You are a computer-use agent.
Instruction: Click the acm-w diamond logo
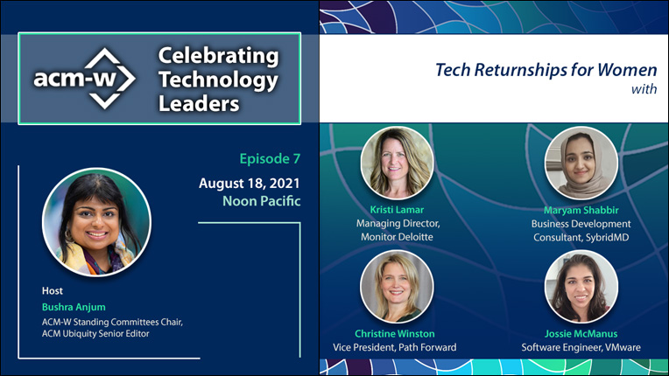85,79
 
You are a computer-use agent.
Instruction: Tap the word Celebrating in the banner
218,56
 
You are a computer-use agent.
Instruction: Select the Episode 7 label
270,159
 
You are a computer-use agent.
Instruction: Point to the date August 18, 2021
250,184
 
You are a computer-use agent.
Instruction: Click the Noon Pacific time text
262,201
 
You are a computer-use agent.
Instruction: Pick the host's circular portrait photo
96,222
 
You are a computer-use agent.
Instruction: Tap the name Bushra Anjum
74,307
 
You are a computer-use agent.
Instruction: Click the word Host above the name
52,291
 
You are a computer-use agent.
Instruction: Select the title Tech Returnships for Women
546,70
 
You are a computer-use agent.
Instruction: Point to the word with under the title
644,89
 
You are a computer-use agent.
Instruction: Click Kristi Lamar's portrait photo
397,163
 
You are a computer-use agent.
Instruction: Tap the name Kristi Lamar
397,210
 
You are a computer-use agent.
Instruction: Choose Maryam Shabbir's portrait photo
581,163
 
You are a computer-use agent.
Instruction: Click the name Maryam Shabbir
581,210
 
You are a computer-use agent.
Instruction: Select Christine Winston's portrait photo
397,286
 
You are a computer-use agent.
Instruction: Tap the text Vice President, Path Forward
395,347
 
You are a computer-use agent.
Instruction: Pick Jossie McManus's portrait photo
581,286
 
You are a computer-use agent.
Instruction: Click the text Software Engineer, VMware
581,347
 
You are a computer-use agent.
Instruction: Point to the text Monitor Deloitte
397,237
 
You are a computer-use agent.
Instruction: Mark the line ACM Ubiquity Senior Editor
95,333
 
